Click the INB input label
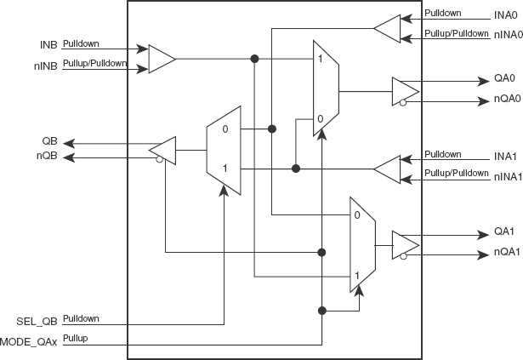48,45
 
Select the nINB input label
46,66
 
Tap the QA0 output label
504,78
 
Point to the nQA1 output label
507,252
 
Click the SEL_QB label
37,322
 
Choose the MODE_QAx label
29,342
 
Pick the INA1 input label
505,157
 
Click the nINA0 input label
509,35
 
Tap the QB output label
49,141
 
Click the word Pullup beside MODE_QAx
76,338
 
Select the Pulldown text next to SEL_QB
81,318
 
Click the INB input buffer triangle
162,59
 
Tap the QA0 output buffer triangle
406,92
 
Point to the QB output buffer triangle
162,151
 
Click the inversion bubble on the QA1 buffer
404,256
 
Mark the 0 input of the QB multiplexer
225,129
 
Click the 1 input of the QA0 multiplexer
321,59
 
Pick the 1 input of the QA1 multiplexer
357,276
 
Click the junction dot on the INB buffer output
254,59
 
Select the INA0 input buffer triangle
387,29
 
